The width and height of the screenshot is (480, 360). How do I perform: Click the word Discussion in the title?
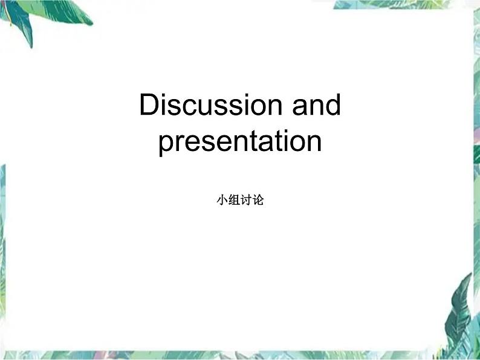click(x=210, y=104)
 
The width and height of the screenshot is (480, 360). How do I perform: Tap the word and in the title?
click(x=316, y=104)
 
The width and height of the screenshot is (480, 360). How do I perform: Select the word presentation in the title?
click(x=240, y=141)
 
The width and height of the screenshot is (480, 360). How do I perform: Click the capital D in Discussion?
click(x=149, y=104)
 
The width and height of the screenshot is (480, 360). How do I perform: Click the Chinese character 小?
click(x=222, y=200)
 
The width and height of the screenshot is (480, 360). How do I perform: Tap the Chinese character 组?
click(x=234, y=200)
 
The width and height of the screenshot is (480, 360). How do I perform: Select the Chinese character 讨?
click(x=246, y=200)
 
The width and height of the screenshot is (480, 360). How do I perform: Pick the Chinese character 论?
click(x=258, y=200)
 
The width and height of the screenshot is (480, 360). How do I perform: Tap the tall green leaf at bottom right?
click(x=459, y=315)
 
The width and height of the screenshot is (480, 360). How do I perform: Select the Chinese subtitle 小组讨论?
click(x=241, y=200)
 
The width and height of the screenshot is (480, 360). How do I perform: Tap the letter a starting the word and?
click(x=300, y=108)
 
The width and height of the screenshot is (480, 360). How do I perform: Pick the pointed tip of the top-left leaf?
click(x=31, y=47)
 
